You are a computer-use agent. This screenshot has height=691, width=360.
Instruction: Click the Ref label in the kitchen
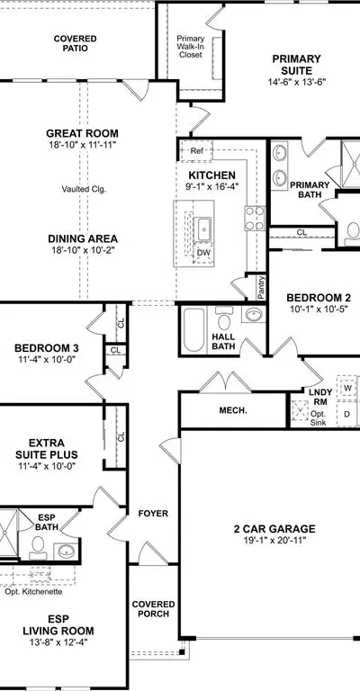coord(196,151)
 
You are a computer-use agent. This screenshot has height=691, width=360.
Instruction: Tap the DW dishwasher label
coord(203,253)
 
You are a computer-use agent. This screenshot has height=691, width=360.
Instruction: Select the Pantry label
coord(262,288)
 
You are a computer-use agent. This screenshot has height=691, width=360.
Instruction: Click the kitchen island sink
coord(203,229)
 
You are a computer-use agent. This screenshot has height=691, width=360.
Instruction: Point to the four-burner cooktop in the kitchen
coord(255,219)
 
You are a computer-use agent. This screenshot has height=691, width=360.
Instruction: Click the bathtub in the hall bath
coord(193,330)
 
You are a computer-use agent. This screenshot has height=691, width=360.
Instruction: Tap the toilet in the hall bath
coord(224,319)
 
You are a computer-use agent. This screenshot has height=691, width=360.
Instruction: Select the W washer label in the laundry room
coord(347,389)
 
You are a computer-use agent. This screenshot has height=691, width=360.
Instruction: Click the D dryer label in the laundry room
coord(346,414)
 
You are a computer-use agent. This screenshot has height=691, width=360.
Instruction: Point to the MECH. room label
coord(233,410)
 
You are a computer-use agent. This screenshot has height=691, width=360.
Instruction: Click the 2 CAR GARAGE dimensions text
coord(274,540)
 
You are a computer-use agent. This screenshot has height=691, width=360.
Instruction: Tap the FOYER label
coord(153,514)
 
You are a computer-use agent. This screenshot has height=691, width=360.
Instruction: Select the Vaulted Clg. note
coord(85,190)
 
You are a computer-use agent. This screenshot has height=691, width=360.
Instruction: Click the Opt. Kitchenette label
coord(33,591)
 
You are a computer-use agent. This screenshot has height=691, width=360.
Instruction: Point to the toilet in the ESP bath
coord(39,547)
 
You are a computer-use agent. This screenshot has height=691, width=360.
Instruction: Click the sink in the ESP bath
coord(66,551)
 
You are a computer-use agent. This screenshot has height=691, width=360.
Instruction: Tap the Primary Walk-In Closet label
coord(190,47)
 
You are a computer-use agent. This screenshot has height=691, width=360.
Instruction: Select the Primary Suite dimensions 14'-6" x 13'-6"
coord(296,82)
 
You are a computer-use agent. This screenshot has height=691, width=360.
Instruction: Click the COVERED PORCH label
coord(153,609)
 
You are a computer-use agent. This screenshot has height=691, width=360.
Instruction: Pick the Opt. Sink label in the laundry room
coord(318,418)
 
